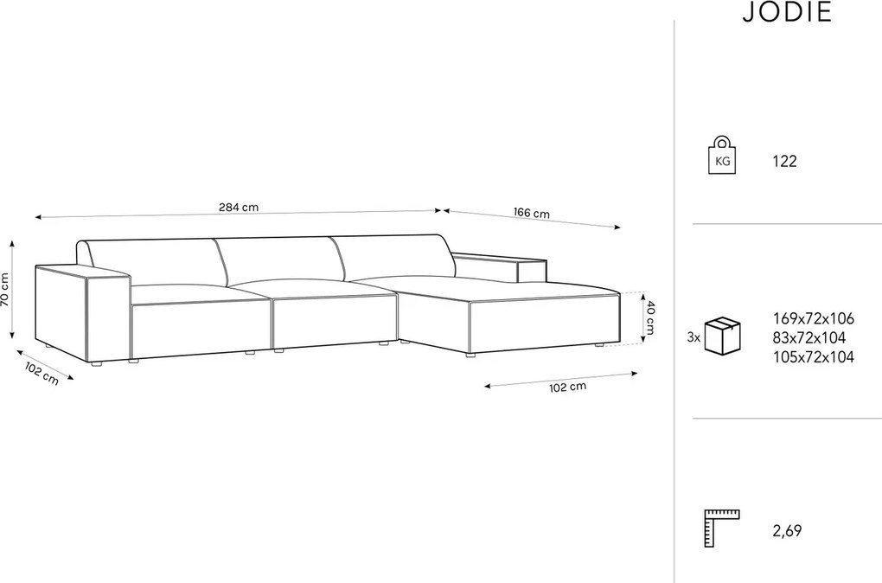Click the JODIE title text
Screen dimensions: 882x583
pos(787,12)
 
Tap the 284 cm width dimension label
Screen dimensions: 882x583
pos(239,207)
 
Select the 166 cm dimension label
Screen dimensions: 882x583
pos(531,213)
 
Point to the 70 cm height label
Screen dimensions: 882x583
pos(5,289)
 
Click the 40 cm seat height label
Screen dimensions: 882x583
pos(649,317)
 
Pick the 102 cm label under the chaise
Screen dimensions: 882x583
pos(567,388)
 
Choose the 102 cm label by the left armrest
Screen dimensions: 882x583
pos(42,373)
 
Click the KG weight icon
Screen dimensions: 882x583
pos(722,156)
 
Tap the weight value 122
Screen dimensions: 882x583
pos(784,162)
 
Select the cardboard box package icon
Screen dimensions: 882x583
pos(723,336)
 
